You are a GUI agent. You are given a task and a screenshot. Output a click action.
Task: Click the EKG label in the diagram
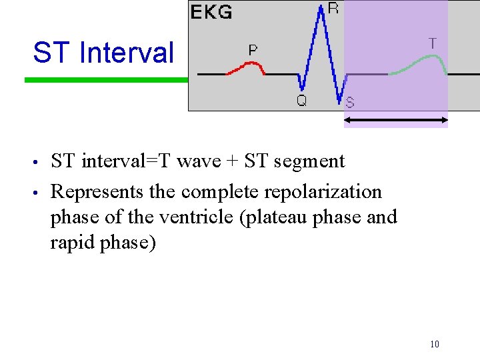(211, 12)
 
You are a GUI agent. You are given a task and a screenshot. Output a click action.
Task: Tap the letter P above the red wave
(253, 50)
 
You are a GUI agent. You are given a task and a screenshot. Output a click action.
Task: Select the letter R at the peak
(333, 8)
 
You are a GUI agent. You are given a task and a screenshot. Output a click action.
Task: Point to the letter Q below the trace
(301, 101)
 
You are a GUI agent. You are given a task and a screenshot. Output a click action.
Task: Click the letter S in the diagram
(350, 103)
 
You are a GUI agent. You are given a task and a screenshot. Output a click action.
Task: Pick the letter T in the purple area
(433, 43)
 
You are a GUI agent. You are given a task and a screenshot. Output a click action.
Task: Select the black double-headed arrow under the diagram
(395, 121)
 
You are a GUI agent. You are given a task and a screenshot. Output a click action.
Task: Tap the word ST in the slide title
(49, 53)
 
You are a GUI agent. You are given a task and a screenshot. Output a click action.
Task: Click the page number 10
(434, 344)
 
